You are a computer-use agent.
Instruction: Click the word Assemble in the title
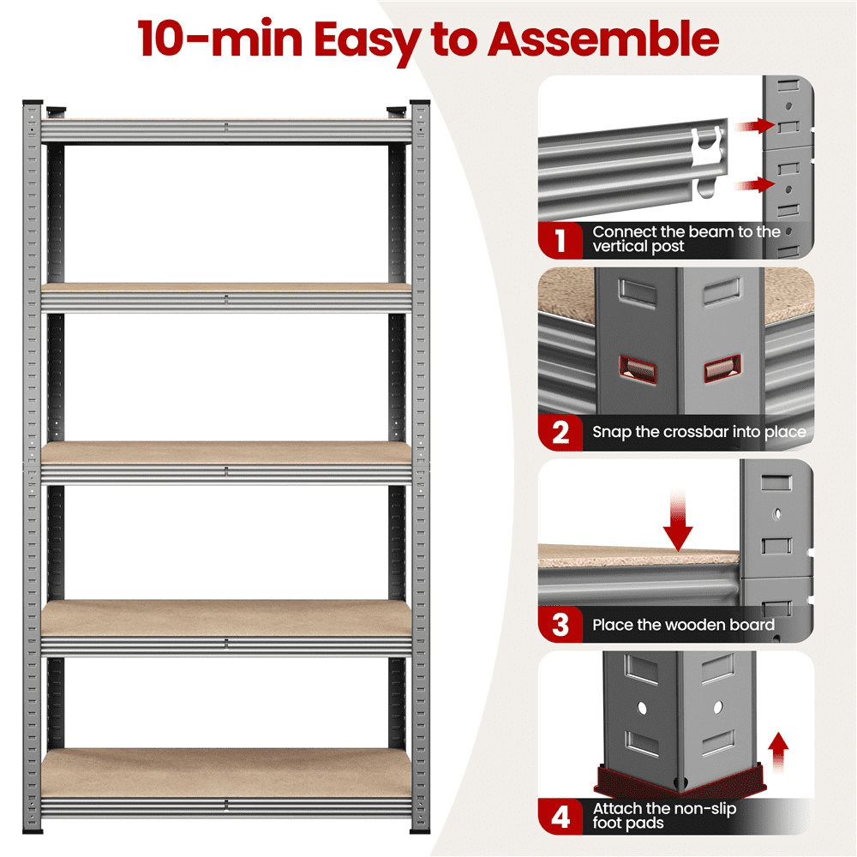click(602, 39)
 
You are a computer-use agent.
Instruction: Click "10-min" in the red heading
click(219, 39)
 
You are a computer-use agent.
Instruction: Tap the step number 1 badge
click(560, 240)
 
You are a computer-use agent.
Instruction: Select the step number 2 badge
click(560, 432)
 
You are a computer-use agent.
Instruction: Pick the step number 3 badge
click(560, 624)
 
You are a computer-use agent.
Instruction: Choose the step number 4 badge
click(560, 817)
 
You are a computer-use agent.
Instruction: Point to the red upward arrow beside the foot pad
click(778, 752)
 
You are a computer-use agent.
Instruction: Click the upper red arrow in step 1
click(754, 126)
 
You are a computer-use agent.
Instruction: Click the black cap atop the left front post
click(33, 102)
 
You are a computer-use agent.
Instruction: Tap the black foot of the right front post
click(420, 830)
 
